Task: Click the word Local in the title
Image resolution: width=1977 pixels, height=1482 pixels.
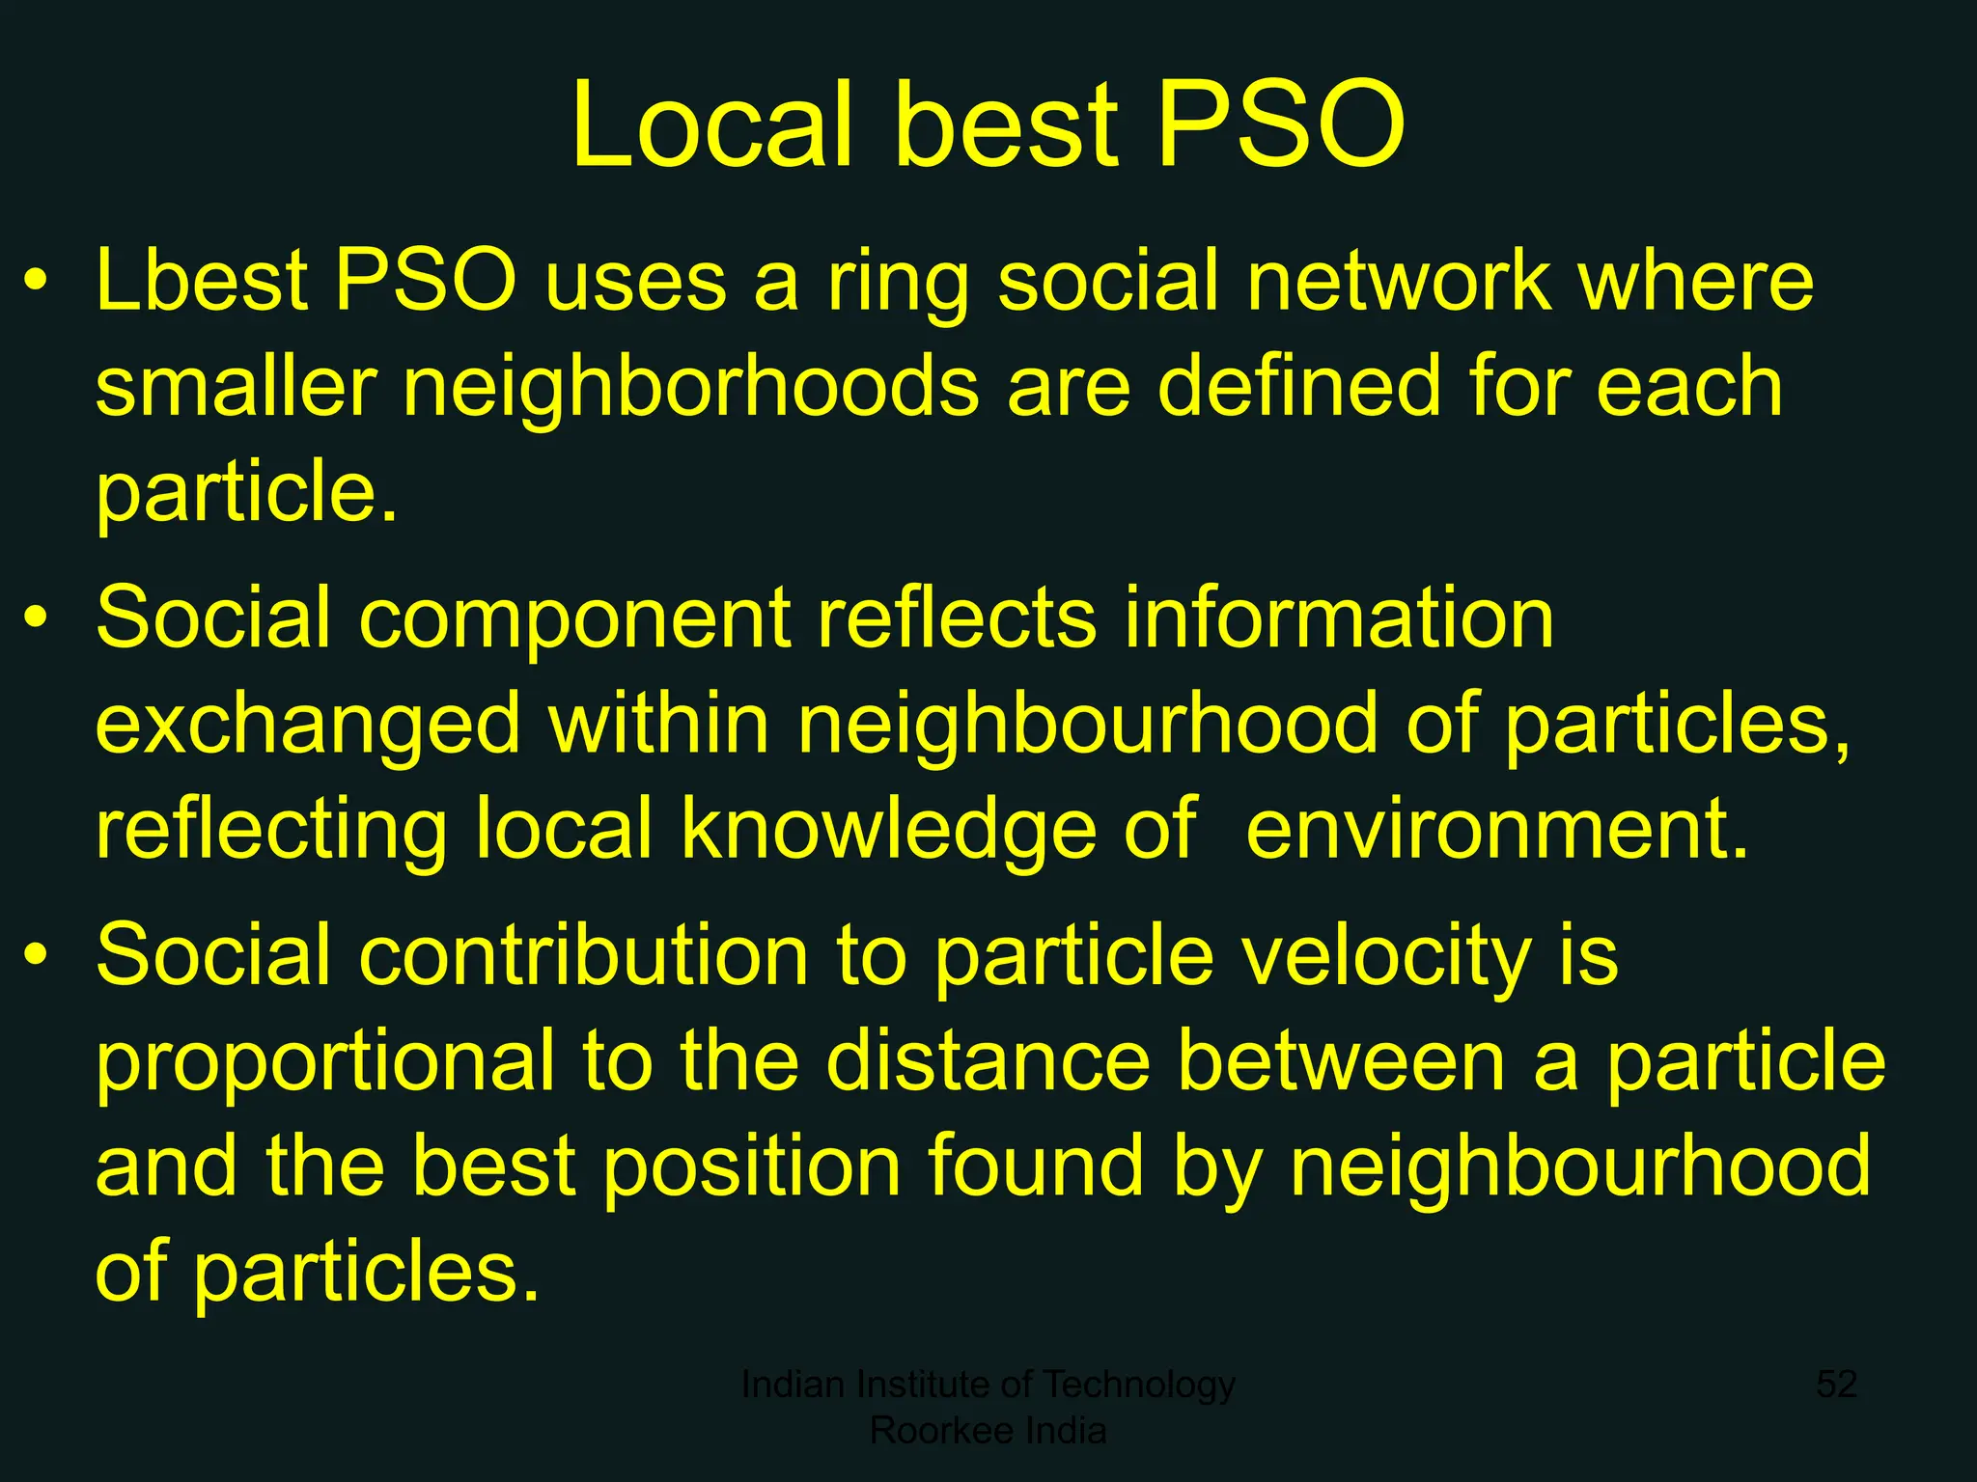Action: pos(712,125)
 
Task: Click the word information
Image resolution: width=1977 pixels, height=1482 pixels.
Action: pos(1339,617)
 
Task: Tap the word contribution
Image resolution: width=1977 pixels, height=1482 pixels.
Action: pos(583,955)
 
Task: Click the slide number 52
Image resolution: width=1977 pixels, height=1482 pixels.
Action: pos(1836,1385)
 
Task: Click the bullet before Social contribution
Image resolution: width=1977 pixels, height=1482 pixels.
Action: pos(36,955)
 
